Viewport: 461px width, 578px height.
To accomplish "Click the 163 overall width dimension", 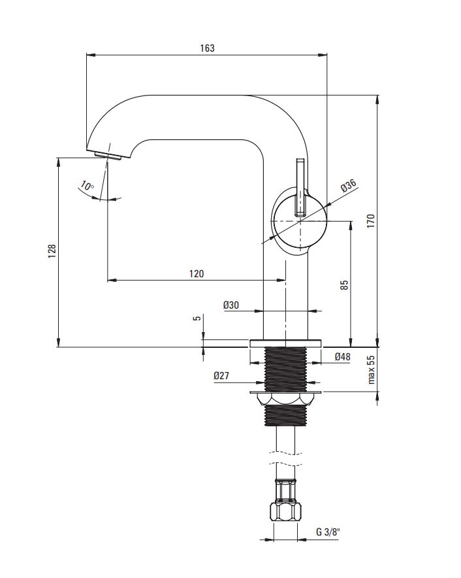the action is coord(207,48).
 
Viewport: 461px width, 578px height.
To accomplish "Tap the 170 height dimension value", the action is coord(371,220).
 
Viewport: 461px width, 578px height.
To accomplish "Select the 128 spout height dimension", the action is coord(52,250).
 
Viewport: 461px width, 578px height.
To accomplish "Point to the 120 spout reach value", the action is coord(197,273).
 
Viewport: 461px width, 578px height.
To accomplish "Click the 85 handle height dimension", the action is coord(344,284).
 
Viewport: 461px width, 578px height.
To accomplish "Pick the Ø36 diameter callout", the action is coord(348,185).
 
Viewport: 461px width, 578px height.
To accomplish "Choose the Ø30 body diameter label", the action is coord(231,305).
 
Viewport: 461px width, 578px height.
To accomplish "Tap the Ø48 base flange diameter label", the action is coord(342,356).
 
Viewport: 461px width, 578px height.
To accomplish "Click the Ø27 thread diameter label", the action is coord(221,375).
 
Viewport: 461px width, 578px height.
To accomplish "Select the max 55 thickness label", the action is coord(371,369).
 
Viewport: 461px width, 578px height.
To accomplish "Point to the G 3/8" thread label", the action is coord(328,532).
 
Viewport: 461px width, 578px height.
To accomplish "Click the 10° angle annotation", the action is coord(87,186).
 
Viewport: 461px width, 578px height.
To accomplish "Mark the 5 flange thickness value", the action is coord(197,318).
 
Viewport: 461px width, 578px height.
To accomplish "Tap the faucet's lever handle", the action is coord(300,187).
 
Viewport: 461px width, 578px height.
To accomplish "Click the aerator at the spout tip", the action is coord(108,156).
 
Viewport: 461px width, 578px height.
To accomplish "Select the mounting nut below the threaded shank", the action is coord(286,399).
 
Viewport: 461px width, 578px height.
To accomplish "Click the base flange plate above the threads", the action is coord(286,343).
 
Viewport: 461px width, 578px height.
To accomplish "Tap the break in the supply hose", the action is coord(286,458).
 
